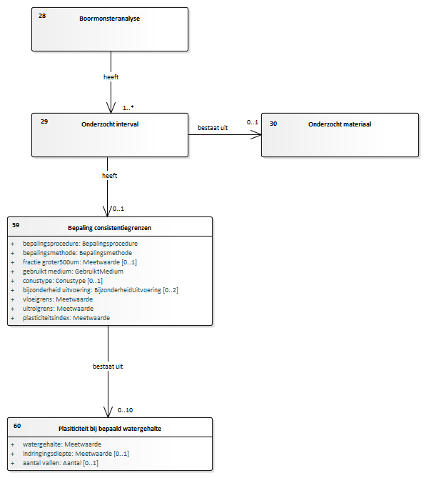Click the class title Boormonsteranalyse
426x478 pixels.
coord(110,19)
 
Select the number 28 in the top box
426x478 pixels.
coord(42,16)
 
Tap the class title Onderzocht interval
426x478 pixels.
coord(110,124)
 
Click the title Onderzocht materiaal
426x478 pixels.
coord(340,124)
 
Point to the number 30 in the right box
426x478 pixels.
coord(273,124)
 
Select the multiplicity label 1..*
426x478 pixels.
coord(128,108)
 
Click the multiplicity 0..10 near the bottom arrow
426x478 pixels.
coord(125,410)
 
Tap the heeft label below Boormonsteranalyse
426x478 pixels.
coord(111,77)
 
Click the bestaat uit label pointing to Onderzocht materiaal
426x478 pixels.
coord(213,128)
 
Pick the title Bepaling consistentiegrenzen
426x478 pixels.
coord(110,228)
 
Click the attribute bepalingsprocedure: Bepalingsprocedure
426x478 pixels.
coord(80,244)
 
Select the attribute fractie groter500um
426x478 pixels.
coord(80,262)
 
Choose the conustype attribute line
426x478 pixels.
coord(62,281)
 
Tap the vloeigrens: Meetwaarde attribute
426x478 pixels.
coord(58,299)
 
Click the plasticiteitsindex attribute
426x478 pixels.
coord(66,318)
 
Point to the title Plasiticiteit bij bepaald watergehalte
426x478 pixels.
coord(110,429)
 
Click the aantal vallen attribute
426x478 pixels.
coord(60,463)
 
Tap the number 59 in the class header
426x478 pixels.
coord(16,225)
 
